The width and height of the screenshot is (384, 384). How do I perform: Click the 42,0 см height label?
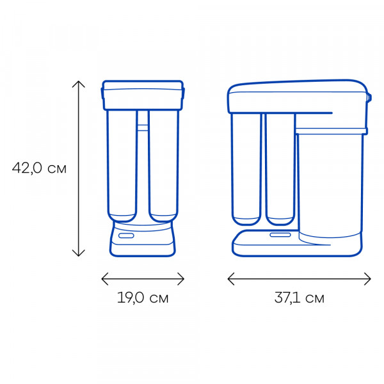coord(39,168)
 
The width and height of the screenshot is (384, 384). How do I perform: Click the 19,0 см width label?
coord(143,298)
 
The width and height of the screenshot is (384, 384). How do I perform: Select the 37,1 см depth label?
coord(300,298)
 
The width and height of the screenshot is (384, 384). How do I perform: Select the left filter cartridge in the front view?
coord(122,166)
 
